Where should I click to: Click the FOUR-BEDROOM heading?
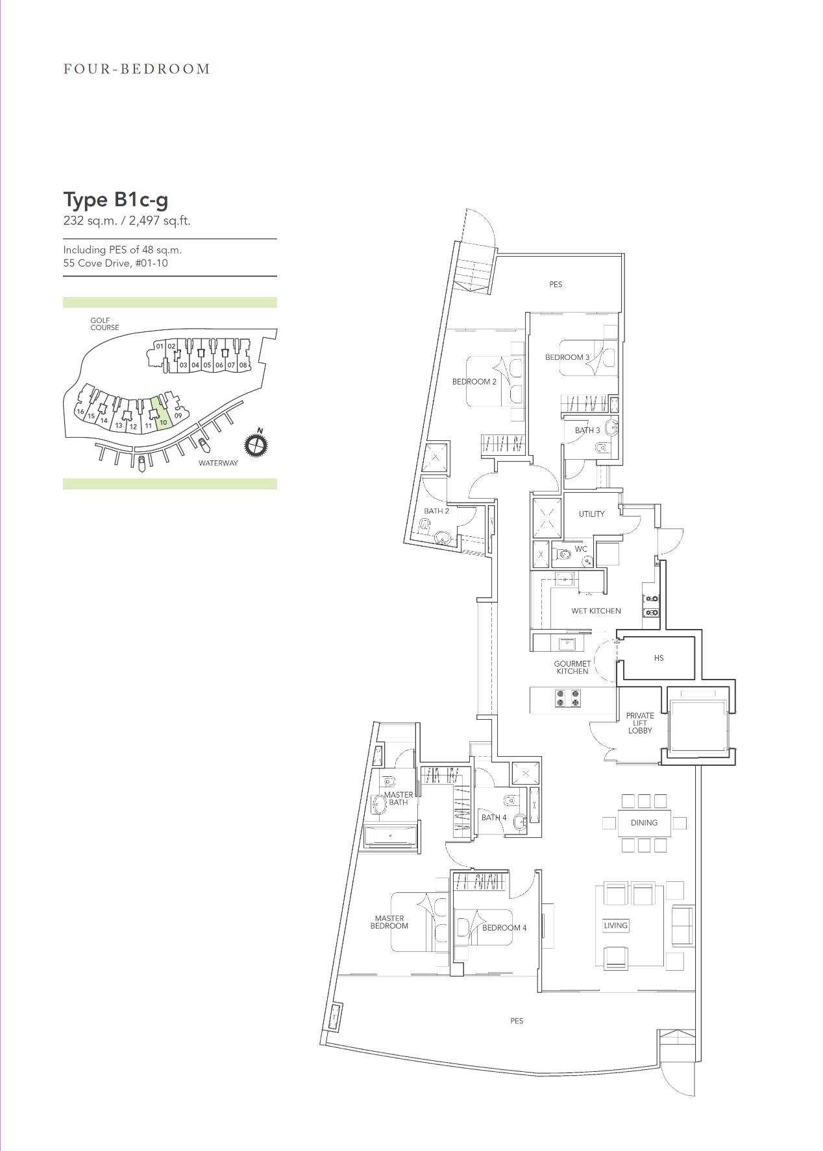click(x=137, y=69)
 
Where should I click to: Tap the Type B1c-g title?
click(x=116, y=200)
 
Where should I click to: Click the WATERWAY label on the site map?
click(x=218, y=463)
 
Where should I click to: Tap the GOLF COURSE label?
click(x=104, y=324)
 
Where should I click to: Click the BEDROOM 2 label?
click(x=474, y=381)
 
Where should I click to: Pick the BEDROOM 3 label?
click(x=567, y=357)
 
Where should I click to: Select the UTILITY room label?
click(x=591, y=514)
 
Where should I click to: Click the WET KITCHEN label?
click(x=596, y=611)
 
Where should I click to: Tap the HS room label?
click(x=659, y=658)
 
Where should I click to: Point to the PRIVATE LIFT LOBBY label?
click(x=640, y=723)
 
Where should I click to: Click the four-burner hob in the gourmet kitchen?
click(x=568, y=698)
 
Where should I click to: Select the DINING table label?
click(x=644, y=822)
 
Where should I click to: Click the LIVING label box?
click(x=615, y=925)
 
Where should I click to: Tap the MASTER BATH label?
click(x=398, y=798)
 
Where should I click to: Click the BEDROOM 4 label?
click(x=504, y=928)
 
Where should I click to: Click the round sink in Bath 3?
click(x=611, y=427)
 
